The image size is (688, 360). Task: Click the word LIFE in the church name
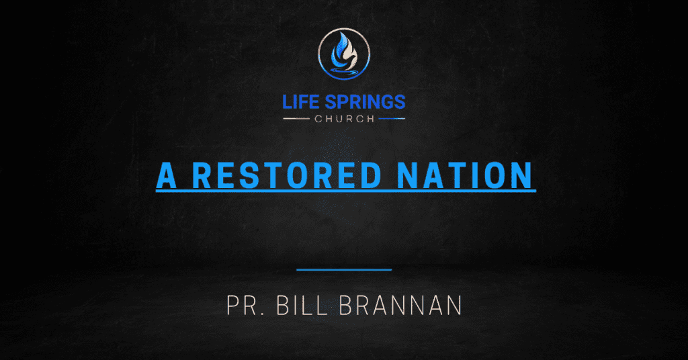tap(300, 102)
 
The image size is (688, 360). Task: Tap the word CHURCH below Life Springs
tap(344, 119)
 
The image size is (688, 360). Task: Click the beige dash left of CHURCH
tap(297, 119)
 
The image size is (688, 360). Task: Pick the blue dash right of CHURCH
tap(391, 119)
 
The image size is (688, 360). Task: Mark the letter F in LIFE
tap(308, 102)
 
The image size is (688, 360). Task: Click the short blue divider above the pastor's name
tap(344, 269)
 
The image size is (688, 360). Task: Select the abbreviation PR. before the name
tap(245, 305)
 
